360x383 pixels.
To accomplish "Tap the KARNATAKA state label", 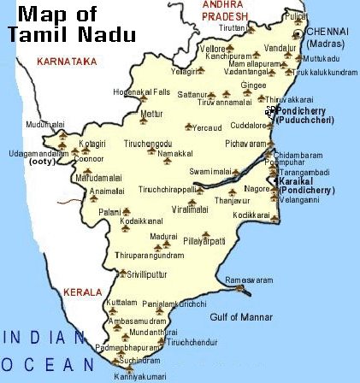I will point(66,62).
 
